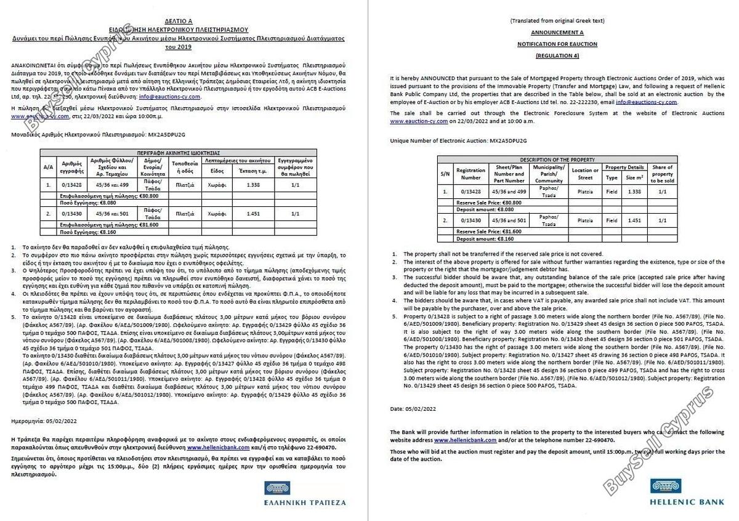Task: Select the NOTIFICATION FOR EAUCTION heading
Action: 557,44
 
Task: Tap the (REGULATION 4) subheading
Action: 557,56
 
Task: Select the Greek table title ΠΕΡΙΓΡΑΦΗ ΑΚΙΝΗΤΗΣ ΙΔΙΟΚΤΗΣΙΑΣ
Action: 179,152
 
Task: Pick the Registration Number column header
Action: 471,174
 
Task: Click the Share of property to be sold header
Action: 662,174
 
